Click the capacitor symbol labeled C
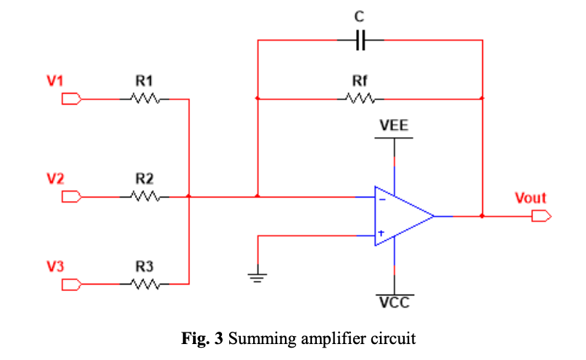click(360, 41)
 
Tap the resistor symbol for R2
click(146, 196)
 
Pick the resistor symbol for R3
click(146, 285)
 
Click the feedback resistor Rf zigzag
click(360, 98)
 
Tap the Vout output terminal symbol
click(541, 216)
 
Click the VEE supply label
click(394, 126)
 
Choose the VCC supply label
click(395, 303)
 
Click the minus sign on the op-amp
click(381, 197)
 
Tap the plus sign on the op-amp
click(381, 234)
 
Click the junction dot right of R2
click(189, 196)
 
